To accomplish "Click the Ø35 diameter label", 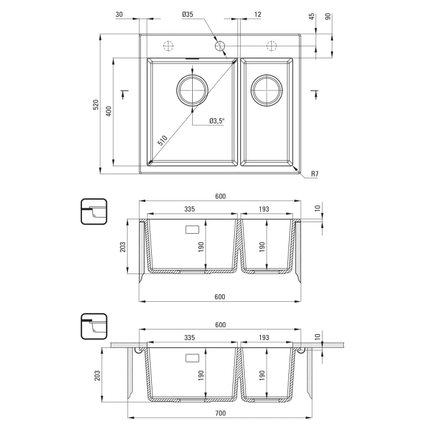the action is [188, 14].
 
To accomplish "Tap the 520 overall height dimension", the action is [96, 104].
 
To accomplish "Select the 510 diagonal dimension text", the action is [162, 141].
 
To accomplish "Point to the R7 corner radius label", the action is [315, 174].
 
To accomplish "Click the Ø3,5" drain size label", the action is [217, 121].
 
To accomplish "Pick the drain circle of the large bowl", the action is [192, 90].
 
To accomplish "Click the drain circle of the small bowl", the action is [267, 90].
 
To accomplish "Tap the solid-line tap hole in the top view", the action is [220, 46].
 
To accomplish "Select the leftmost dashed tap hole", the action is [168, 46].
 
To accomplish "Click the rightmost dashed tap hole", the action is [272, 46].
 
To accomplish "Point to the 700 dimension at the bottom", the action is [220, 413].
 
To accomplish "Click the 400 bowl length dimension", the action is [108, 111].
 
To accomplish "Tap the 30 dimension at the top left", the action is [119, 14].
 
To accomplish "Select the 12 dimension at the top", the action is [257, 14].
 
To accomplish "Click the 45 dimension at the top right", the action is [312, 16].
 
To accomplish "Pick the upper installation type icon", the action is [94, 212].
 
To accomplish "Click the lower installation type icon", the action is [94, 326].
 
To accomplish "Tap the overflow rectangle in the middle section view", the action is [192, 230].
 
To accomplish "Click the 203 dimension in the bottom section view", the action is [98, 376].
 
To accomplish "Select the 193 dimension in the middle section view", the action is [264, 209].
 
